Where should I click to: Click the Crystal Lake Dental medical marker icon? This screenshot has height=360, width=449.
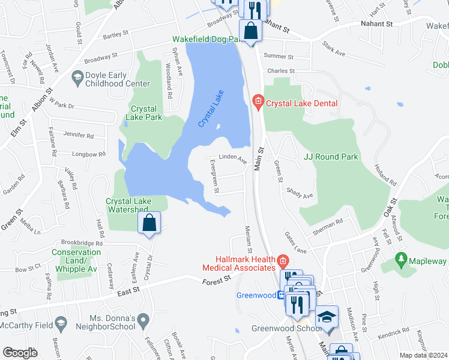[258, 103]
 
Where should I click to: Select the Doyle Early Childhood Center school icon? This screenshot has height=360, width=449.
[77, 77]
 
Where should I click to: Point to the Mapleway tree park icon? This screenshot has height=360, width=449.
[401, 261]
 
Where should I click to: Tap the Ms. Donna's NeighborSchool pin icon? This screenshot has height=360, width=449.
[143, 322]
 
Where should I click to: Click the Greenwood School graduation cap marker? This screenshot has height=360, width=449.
[327, 317]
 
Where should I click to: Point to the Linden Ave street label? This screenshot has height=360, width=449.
[232, 159]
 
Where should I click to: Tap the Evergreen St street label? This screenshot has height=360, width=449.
[213, 176]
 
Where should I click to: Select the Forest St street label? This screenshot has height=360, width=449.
[217, 280]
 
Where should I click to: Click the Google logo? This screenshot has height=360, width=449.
[20, 353]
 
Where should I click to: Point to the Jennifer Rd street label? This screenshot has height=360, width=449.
[79, 136]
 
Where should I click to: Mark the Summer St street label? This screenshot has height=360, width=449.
[278, 56]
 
